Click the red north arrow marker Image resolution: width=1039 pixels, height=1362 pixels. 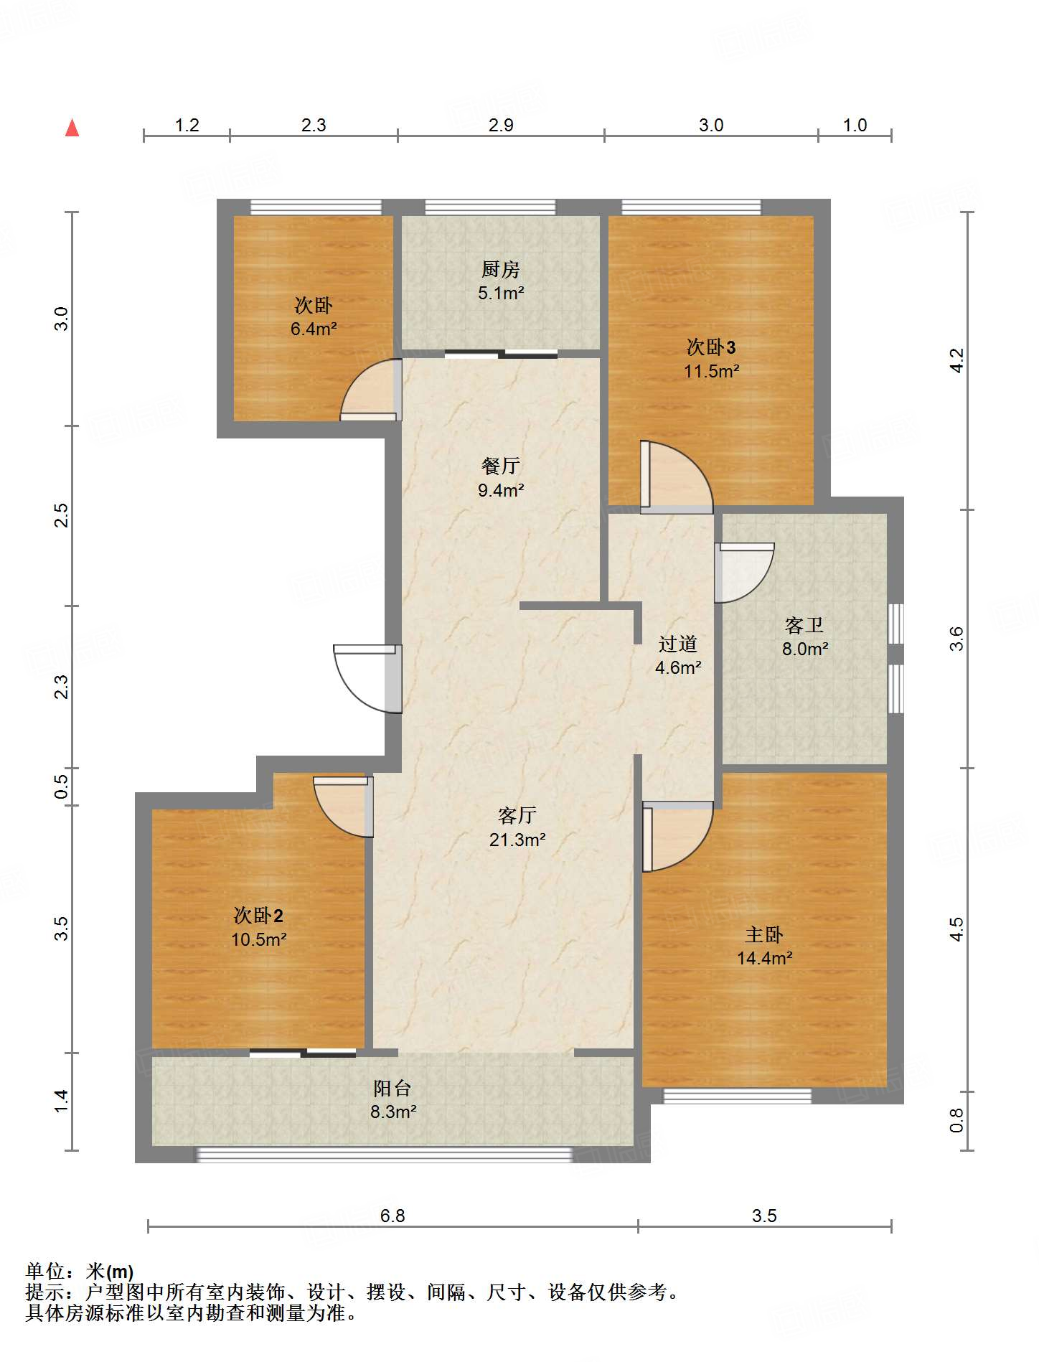click(x=72, y=128)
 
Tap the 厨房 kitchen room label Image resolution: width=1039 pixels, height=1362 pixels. click(x=500, y=270)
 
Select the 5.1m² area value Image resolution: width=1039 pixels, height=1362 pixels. click(x=501, y=293)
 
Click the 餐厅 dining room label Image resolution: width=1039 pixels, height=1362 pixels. click(x=500, y=466)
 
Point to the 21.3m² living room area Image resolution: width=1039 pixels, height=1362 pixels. click(x=517, y=840)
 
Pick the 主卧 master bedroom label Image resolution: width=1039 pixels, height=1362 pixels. click(x=764, y=934)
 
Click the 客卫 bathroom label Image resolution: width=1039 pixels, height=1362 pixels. click(x=804, y=626)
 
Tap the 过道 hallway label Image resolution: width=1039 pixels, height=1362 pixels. click(x=678, y=644)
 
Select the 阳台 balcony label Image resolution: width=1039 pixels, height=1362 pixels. click(x=392, y=1088)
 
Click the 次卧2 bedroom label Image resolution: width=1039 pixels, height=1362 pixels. click(x=258, y=916)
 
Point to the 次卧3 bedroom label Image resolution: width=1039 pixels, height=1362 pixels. click(x=711, y=347)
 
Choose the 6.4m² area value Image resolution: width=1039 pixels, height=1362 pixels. click(x=314, y=329)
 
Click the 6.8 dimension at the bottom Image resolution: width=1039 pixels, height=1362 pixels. click(x=392, y=1216)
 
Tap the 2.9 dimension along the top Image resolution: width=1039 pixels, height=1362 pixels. click(x=501, y=125)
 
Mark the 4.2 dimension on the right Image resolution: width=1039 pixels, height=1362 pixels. click(x=956, y=360)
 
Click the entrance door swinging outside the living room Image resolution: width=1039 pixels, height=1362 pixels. click(x=367, y=679)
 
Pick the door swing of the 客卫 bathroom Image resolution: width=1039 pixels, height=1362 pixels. click(x=745, y=573)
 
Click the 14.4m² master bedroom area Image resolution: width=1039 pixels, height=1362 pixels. click(x=765, y=958)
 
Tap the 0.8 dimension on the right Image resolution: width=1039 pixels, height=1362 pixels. click(x=956, y=1121)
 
